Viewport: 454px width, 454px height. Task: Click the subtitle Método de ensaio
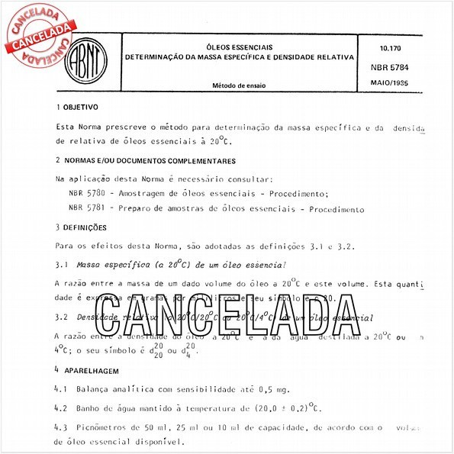click(240, 85)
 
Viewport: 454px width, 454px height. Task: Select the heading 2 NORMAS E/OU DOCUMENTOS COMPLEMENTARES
click(150, 160)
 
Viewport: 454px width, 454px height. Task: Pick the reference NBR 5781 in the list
click(87, 209)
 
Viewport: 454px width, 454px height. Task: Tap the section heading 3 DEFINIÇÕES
click(81, 227)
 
